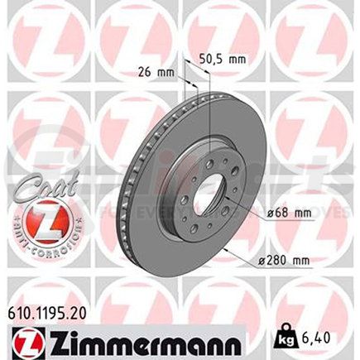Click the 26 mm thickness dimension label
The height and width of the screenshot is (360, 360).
point(156,72)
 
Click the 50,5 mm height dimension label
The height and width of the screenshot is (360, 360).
point(223,59)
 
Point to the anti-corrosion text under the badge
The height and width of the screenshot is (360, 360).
point(44,245)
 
